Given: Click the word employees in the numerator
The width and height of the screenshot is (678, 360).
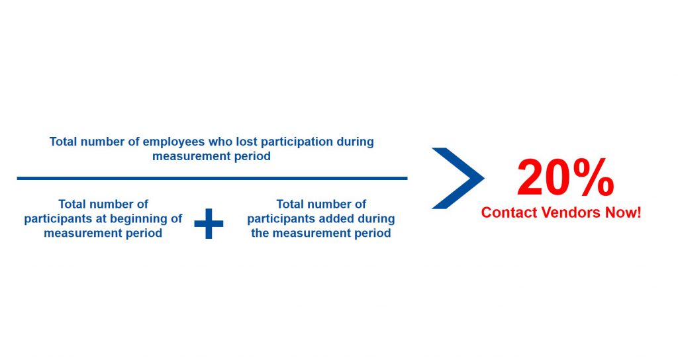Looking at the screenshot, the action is (x=174, y=142).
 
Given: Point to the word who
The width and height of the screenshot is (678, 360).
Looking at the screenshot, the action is (x=220, y=142).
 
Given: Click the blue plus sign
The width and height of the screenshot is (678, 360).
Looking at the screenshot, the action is (x=209, y=224).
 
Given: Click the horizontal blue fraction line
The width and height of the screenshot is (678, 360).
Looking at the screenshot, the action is (x=212, y=178).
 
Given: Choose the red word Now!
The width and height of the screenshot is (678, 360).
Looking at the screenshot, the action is (x=623, y=212).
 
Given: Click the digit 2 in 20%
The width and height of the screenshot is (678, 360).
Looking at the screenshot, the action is (x=533, y=178).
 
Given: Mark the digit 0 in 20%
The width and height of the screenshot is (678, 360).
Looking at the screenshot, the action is (x=562, y=178).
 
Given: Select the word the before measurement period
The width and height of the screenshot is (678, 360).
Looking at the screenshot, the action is (x=260, y=233).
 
